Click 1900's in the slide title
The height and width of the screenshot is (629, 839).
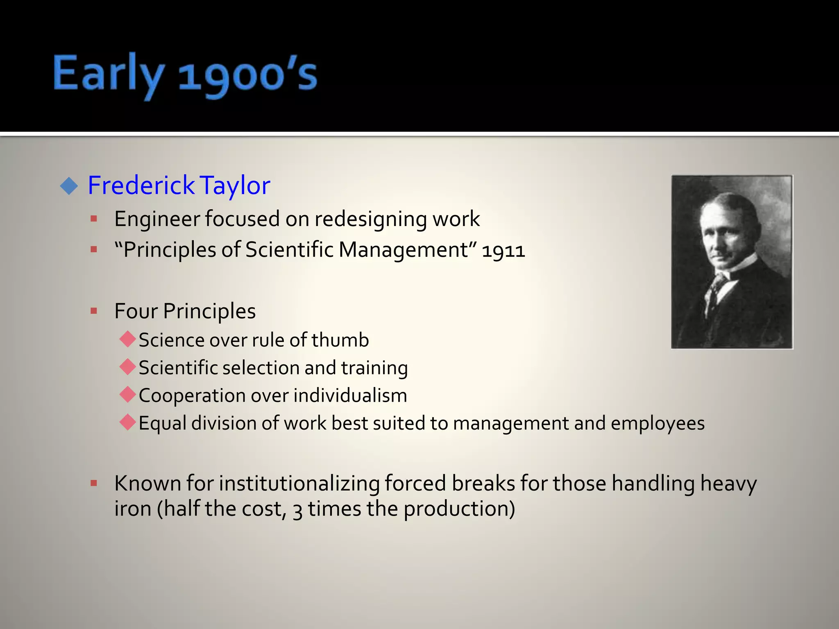coord(248,76)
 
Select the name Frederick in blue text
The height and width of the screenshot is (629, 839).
coord(141,185)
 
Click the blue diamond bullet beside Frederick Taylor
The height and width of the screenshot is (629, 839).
coord(69,186)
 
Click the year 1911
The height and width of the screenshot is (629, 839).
coord(503,251)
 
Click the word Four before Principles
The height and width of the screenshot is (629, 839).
coord(136,311)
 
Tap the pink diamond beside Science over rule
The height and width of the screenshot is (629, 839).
coord(128,339)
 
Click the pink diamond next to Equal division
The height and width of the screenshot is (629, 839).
coord(128,422)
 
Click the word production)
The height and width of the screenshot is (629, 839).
coord(459,509)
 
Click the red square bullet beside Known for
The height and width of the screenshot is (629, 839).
coord(94,483)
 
